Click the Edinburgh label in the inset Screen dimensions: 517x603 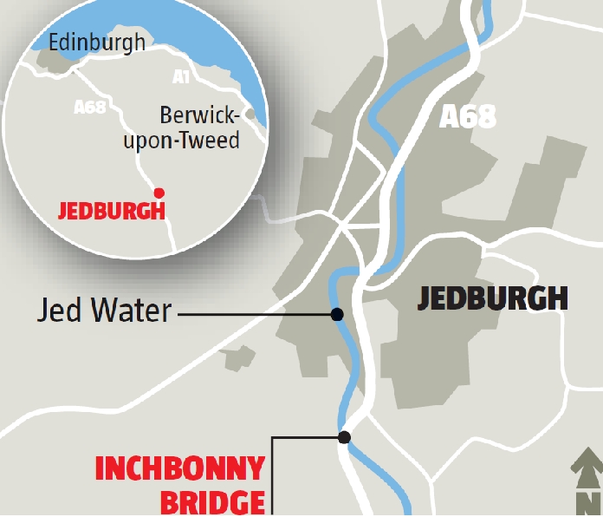pos(97,43)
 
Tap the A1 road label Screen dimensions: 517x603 pos(180,77)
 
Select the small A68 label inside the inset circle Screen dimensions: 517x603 pos(89,107)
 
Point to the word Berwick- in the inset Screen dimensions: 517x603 pos(198,116)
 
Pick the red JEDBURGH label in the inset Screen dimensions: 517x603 pos(111,211)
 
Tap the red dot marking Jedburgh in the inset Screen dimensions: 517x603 pos(158,192)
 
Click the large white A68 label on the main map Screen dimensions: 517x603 pos(468,116)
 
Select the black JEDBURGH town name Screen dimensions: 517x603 pos(492,298)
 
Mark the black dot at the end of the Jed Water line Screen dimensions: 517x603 pos(337,314)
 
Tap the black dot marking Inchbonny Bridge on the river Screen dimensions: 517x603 pos(344,437)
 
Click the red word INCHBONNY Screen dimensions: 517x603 pos(179,469)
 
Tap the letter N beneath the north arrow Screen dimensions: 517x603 pos(588,503)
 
